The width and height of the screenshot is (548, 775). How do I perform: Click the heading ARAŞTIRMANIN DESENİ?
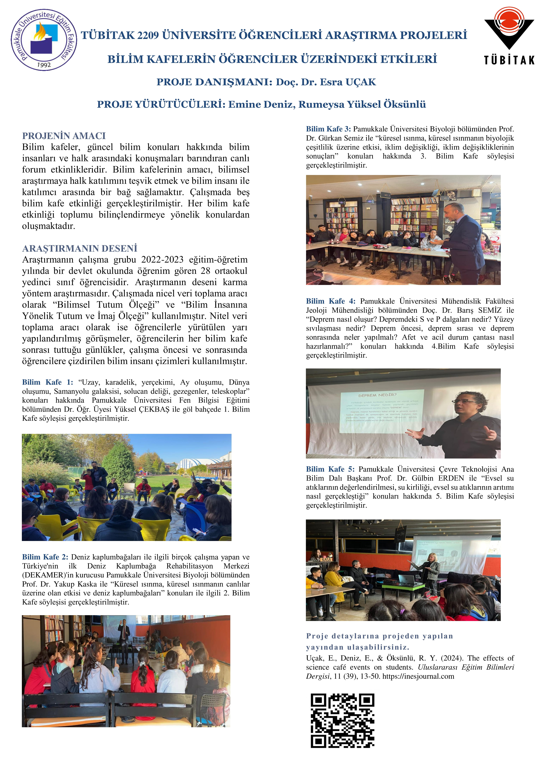click(80, 248)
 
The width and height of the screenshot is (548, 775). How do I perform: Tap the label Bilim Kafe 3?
click(328, 129)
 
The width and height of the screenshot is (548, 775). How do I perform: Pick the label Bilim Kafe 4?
click(331, 301)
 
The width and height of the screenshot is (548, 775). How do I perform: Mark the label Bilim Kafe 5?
click(330, 469)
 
